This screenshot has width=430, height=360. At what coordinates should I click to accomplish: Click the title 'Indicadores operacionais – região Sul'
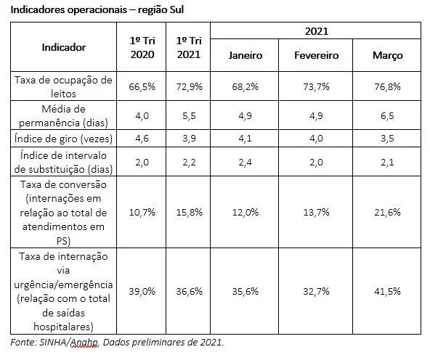coord(97,9)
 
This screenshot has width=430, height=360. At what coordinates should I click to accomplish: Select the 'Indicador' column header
coord(64,47)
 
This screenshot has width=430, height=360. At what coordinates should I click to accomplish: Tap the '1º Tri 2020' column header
coord(142,47)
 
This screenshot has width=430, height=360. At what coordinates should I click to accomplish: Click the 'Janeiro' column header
coord(246,55)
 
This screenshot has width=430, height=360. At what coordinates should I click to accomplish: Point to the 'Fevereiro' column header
coord(316,55)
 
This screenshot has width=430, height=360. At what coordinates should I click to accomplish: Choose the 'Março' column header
coord(387,55)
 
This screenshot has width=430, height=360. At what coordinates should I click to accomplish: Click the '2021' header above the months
coord(317,31)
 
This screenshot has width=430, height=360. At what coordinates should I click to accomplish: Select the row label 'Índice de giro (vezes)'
coord(63,139)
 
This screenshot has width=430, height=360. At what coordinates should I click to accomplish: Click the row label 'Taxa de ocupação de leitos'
coord(63,87)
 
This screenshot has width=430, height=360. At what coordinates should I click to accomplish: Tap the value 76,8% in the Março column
coord(387,86)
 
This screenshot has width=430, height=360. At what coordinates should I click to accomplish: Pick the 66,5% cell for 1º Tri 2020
coord(142,86)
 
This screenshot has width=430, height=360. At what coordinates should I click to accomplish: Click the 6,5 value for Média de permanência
coord(387,115)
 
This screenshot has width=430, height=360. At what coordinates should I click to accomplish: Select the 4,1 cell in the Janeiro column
coord(246,139)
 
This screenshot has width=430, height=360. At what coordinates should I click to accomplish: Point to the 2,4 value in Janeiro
coord(246,162)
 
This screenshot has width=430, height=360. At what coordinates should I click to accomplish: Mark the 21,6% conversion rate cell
coord(387,212)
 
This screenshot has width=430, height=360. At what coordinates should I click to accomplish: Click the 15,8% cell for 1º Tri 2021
coord(190,212)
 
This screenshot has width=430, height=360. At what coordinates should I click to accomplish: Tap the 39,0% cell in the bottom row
coord(142,291)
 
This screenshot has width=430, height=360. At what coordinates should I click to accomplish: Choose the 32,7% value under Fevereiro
coord(316,291)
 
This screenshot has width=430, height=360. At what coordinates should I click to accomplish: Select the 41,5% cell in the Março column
coord(387,291)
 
